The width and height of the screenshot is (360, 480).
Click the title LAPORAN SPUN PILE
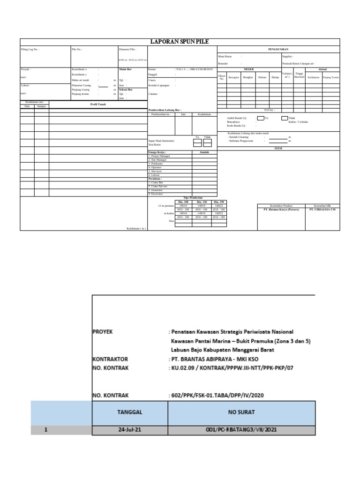[x=180, y=42]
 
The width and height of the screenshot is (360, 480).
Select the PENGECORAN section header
[x=278, y=48]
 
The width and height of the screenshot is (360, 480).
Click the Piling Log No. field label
[x=30, y=48]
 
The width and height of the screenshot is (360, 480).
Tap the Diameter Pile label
[x=128, y=48]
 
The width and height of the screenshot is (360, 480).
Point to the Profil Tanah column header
[x=98, y=104]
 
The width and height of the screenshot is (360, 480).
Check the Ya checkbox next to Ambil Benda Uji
[x=260, y=118]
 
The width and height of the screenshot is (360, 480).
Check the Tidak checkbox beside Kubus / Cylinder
[x=285, y=118]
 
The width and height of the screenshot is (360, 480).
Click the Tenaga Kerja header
[x=157, y=152]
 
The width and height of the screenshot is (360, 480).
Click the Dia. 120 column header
[x=201, y=202]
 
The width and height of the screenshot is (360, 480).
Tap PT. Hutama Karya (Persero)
[x=281, y=210]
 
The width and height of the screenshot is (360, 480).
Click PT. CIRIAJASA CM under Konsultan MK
[x=322, y=210]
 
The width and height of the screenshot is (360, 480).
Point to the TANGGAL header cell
[x=130, y=412]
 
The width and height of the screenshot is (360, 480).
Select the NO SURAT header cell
[x=241, y=412]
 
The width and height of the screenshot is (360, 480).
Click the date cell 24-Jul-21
[x=130, y=430]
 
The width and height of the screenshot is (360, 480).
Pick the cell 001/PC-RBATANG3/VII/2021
[x=241, y=430]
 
